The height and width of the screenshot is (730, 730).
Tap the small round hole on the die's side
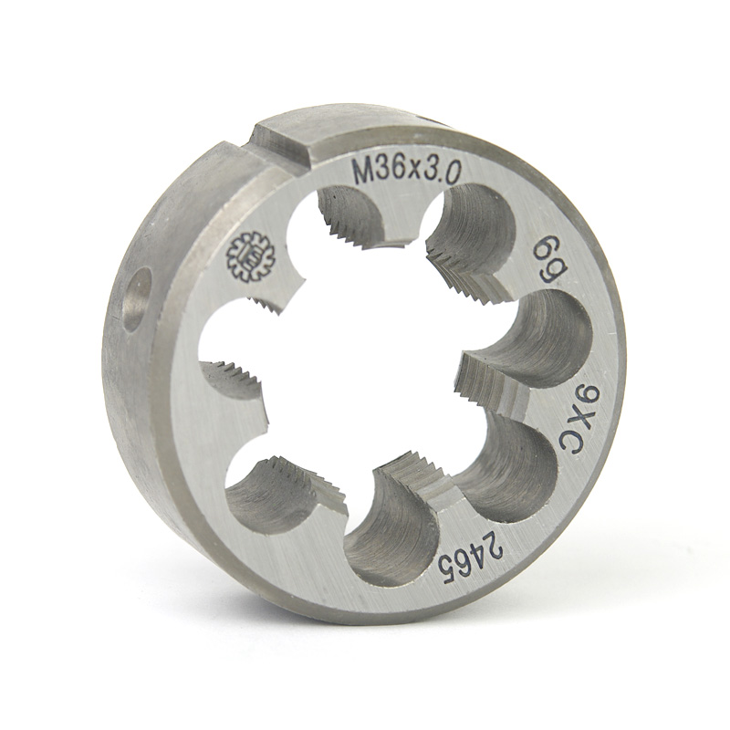pos(139,302)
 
